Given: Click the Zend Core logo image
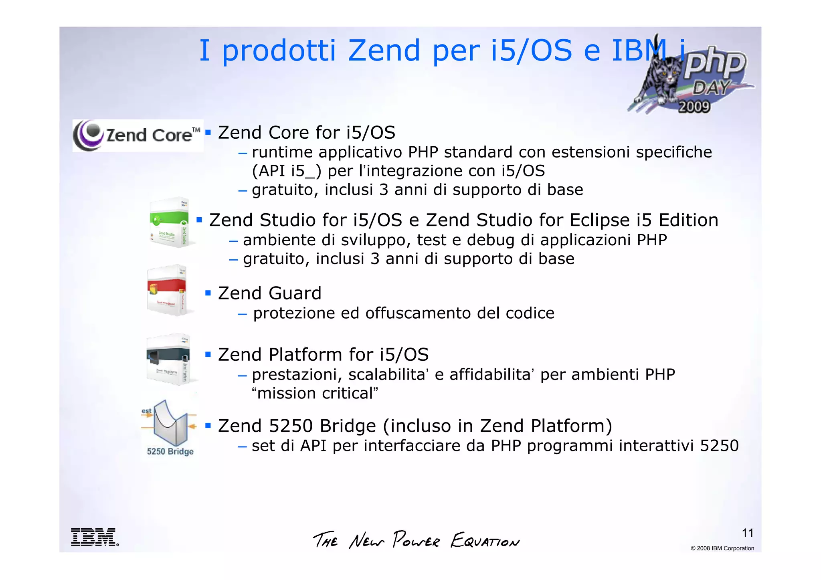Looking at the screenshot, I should click(x=138, y=135).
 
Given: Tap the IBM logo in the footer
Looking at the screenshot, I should click(x=95, y=537).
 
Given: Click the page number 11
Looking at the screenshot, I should click(x=748, y=533).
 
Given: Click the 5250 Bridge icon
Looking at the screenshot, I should click(x=170, y=427).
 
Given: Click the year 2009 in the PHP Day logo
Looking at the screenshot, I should click(x=694, y=107).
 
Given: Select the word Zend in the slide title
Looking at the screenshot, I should click(x=384, y=51).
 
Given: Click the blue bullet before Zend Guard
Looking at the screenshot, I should click(x=208, y=293).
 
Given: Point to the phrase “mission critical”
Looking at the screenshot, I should click(x=315, y=393).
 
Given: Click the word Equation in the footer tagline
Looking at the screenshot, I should click(x=485, y=540).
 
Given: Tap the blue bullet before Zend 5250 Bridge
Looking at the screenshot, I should click(x=208, y=426).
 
